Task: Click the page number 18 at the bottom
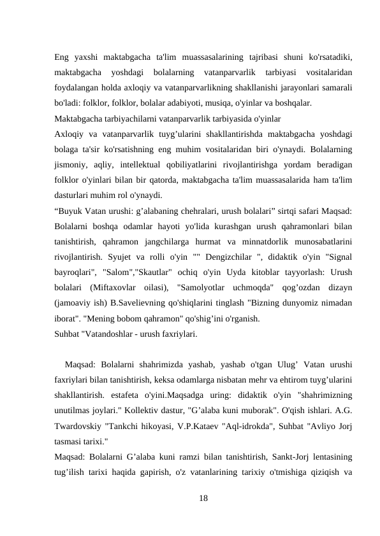pyautogui.click(x=203, y=497)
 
